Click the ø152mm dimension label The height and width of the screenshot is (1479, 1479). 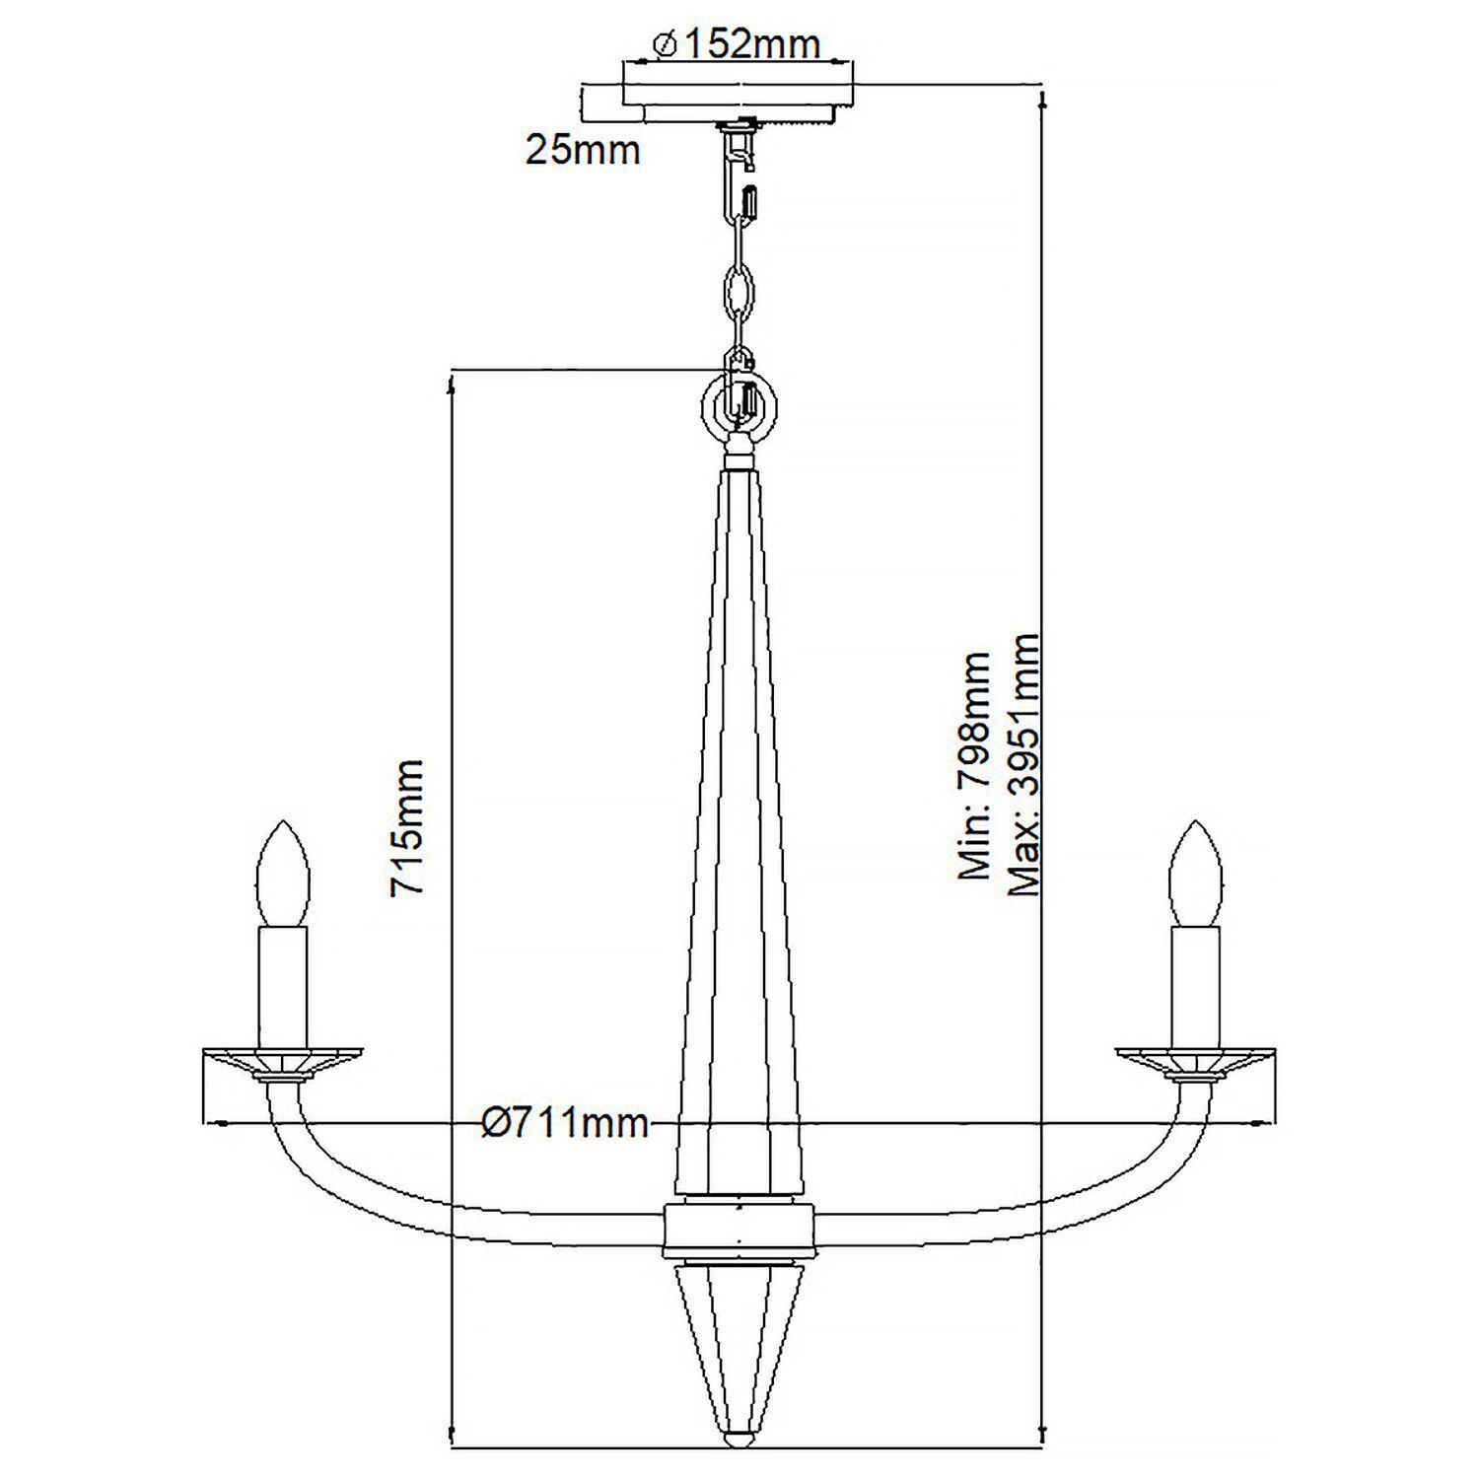(736, 43)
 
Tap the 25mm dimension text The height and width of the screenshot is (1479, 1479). (583, 150)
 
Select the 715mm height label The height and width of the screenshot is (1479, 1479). (407, 827)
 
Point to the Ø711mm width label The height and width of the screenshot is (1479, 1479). (566, 1123)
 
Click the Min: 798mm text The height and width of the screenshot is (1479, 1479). (975, 764)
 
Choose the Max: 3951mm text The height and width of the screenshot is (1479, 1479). (1024, 764)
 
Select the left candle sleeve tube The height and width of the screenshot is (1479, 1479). (283, 986)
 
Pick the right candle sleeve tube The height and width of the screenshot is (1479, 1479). (1195, 986)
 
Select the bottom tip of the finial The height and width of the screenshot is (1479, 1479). (738, 1441)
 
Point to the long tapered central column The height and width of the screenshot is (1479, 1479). (739, 838)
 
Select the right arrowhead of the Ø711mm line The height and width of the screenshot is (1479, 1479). (1266, 1123)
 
